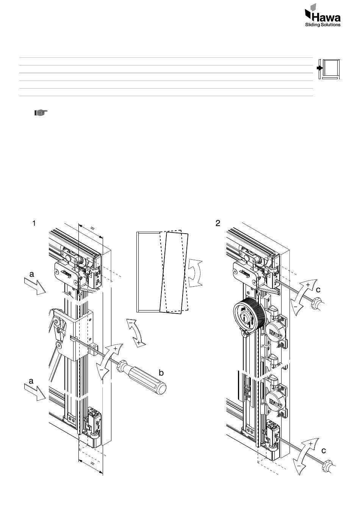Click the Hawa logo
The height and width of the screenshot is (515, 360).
(x=322, y=15)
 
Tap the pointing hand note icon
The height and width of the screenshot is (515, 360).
(x=41, y=113)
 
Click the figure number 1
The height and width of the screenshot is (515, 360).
(x=34, y=223)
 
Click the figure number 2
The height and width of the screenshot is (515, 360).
(x=218, y=223)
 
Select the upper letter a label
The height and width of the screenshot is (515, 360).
(x=31, y=274)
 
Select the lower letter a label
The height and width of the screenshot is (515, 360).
(x=31, y=381)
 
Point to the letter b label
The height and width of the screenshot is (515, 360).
(x=161, y=373)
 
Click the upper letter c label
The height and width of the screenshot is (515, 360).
(x=318, y=290)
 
